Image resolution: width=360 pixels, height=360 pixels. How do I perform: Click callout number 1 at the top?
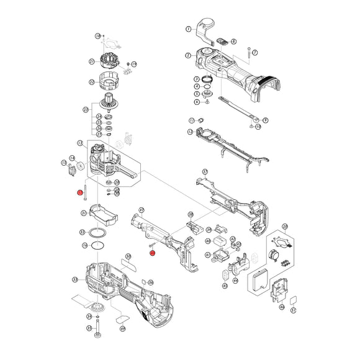pos(188,29)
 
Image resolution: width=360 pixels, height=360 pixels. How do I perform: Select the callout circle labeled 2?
pos(188,55)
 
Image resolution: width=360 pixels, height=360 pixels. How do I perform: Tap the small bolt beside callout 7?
pos(247,53)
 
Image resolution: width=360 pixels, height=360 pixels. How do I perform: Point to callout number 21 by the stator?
pos(91,61)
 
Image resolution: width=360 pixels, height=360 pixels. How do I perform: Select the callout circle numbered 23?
pos(86,109)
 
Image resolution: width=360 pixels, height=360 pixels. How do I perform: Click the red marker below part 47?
pos(152,253)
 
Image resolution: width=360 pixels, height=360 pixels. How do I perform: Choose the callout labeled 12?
pos(190,132)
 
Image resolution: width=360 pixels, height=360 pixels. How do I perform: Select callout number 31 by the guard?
pos(84,213)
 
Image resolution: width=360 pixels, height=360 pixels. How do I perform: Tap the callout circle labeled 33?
pos(75,279)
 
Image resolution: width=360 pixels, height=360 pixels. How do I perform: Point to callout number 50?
pos(128,256)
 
